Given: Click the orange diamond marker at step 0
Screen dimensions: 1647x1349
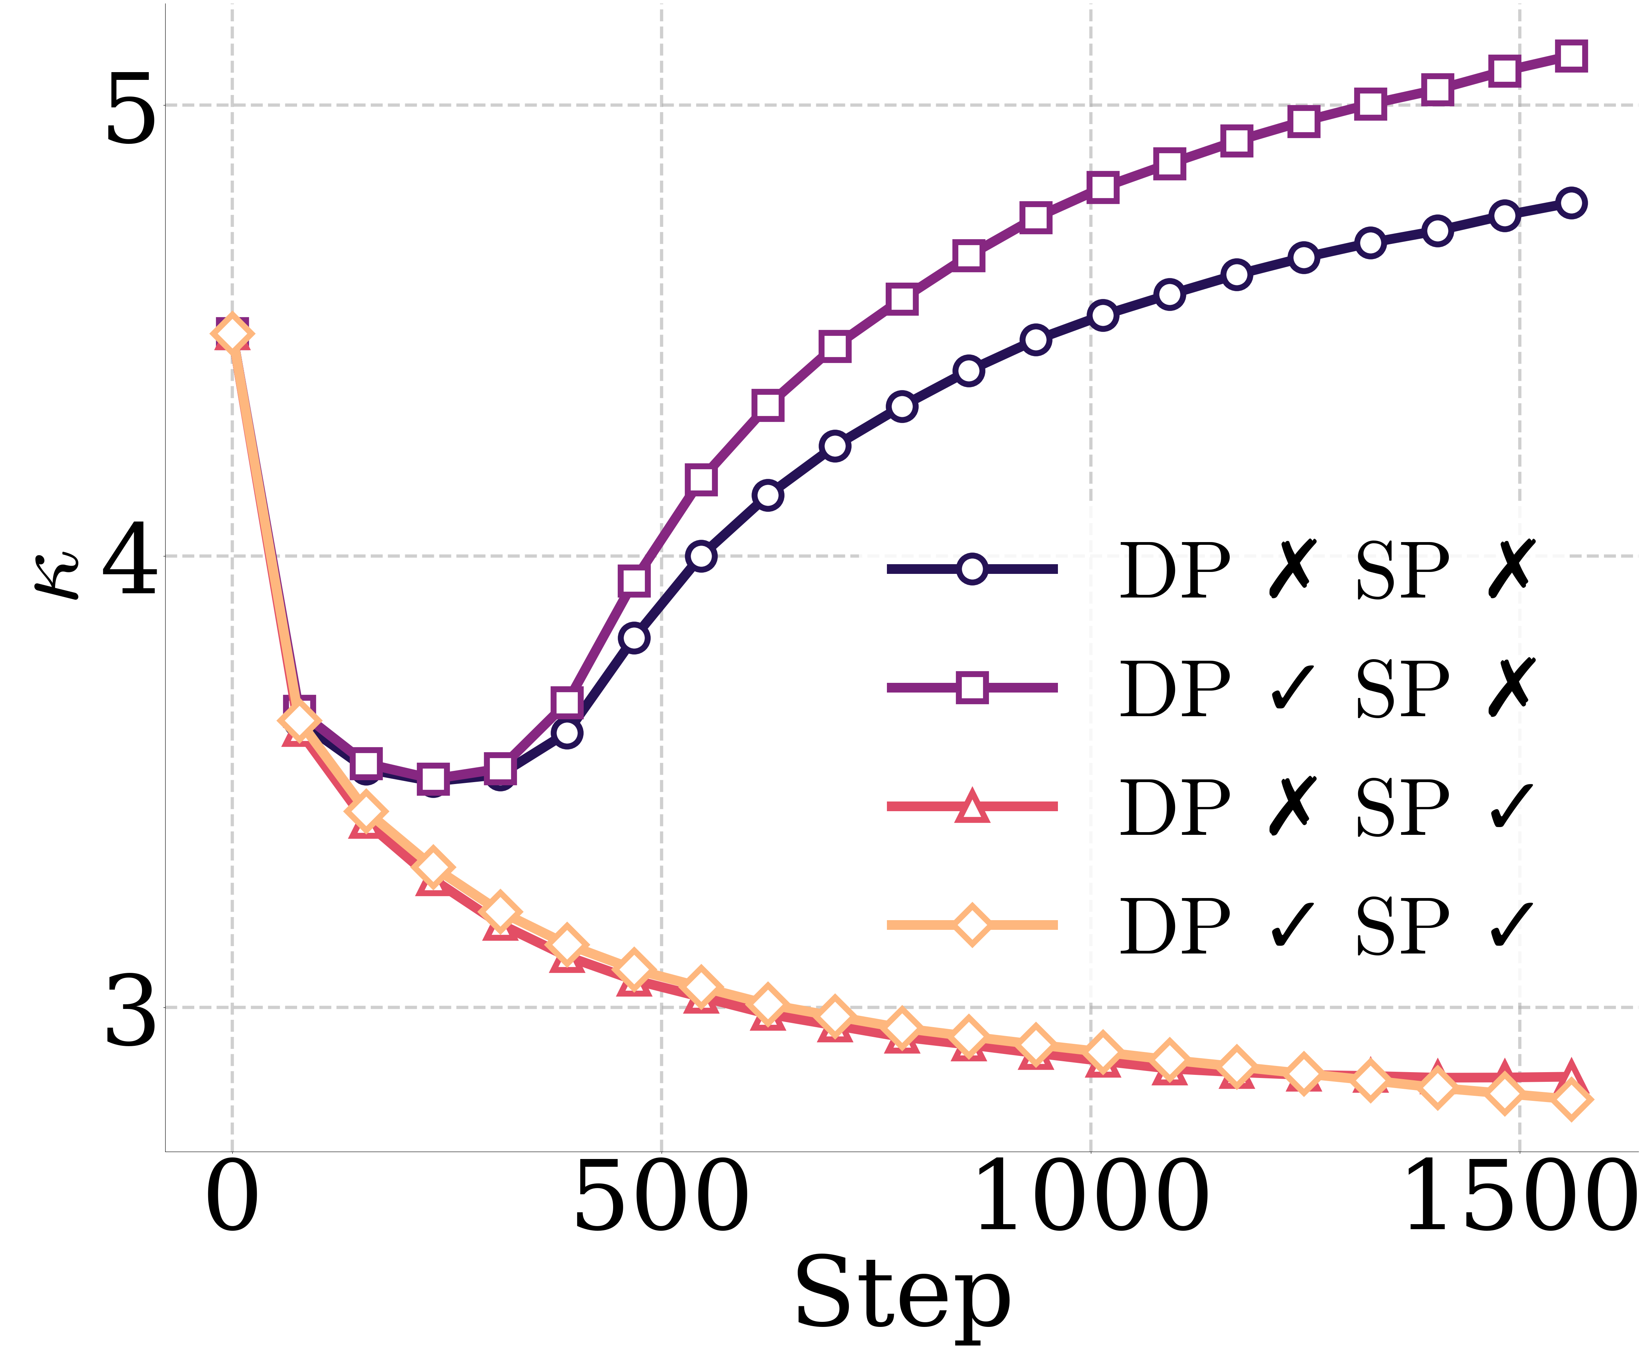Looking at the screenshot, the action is pos(232,334).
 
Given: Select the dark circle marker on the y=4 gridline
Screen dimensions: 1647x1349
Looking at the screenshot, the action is pos(701,556).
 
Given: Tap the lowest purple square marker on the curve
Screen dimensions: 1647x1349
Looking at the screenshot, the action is pos(433,779).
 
